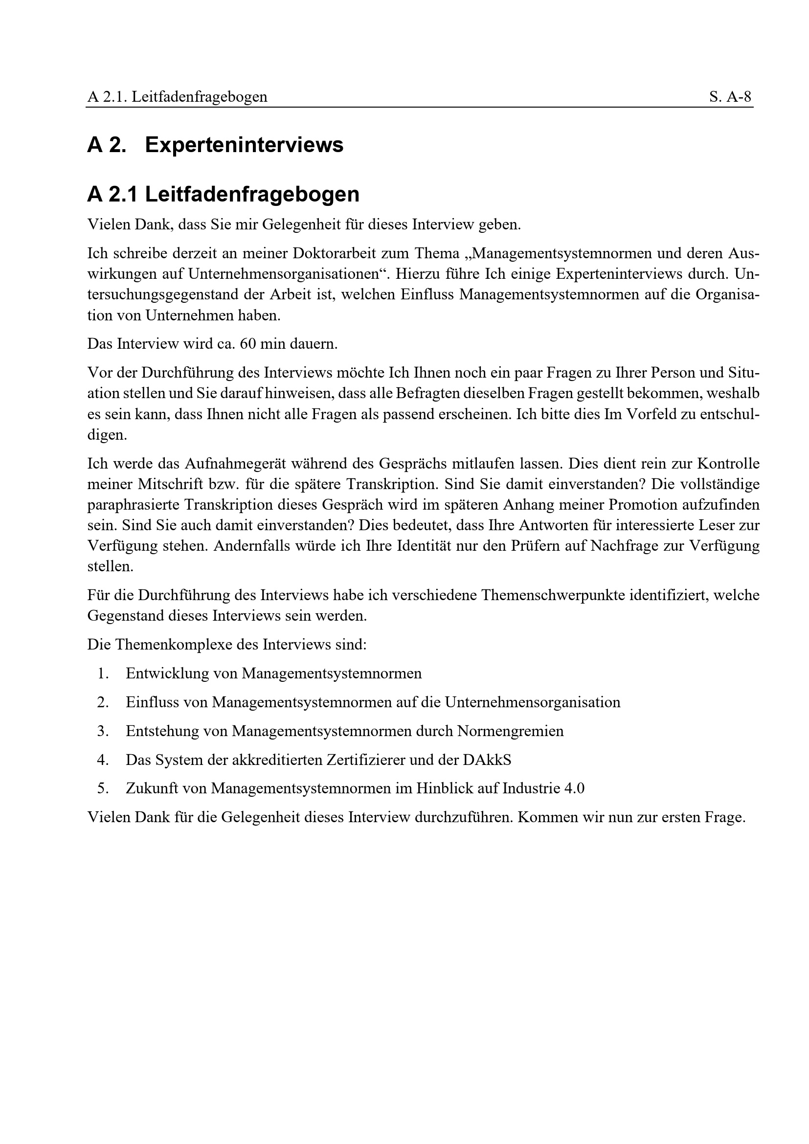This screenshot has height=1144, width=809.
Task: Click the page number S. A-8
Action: (x=730, y=97)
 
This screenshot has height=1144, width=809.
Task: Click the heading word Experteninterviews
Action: (x=244, y=145)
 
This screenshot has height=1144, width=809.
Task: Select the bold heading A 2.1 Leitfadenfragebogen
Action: (x=223, y=194)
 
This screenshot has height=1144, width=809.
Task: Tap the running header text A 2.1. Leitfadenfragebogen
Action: (x=178, y=97)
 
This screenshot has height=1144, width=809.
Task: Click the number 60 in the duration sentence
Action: (x=247, y=344)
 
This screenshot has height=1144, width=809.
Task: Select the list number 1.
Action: (x=103, y=673)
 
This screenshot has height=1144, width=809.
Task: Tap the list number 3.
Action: (x=103, y=731)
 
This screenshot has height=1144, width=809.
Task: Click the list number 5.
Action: (x=103, y=789)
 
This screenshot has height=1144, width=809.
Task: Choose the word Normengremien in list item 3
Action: (x=510, y=731)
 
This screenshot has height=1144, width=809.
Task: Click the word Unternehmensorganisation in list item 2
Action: (x=532, y=702)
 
